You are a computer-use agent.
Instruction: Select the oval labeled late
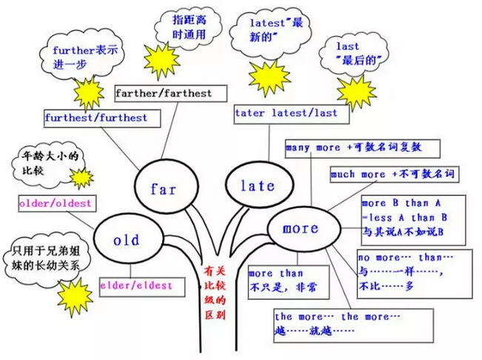click(x=257, y=185)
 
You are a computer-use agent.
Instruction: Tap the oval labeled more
click(x=300, y=228)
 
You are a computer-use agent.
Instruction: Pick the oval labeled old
click(x=127, y=239)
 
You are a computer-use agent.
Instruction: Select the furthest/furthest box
click(x=96, y=118)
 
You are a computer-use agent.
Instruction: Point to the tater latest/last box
click(x=286, y=113)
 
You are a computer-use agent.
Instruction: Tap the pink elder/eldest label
click(x=136, y=285)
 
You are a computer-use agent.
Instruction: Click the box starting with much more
click(x=391, y=176)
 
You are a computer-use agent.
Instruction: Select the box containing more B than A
click(x=412, y=218)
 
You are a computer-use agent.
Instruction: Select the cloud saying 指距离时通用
click(x=181, y=27)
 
